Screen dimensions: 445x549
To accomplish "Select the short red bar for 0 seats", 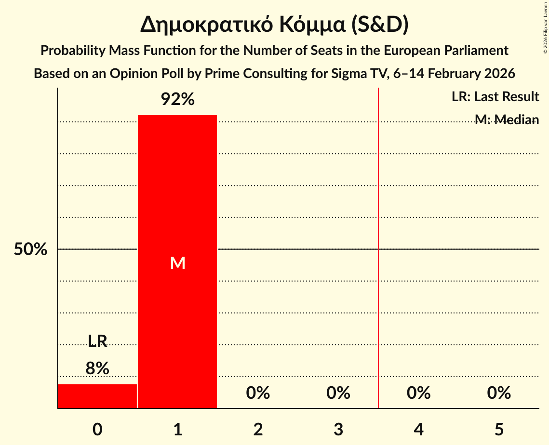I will tap(97, 396).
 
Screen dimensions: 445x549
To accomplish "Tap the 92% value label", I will tap(177, 100).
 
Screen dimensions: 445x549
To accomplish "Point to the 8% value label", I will tap(97, 368).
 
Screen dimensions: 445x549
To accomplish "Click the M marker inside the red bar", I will tap(177, 263).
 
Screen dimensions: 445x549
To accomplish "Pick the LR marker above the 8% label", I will tap(97, 341).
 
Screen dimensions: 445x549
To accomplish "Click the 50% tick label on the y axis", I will tap(30, 249).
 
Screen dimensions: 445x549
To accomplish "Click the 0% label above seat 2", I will tap(258, 393).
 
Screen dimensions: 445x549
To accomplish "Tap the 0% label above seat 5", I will tap(499, 393).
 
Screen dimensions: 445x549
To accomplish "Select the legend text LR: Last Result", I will tap(495, 97).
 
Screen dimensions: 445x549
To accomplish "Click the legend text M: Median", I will tap(506, 119).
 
